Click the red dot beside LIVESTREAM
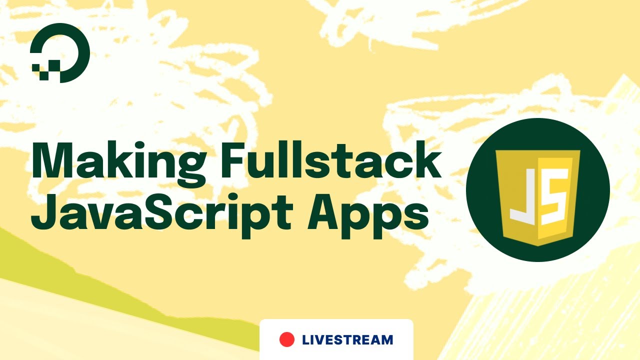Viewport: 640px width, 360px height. click(x=287, y=339)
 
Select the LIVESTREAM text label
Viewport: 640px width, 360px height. click(x=347, y=340)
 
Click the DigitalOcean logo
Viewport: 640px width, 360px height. click(x=59, y=52)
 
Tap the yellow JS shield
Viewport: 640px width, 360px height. click(x=537, y=194)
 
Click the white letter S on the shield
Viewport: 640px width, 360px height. click(x=555, y=195)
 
